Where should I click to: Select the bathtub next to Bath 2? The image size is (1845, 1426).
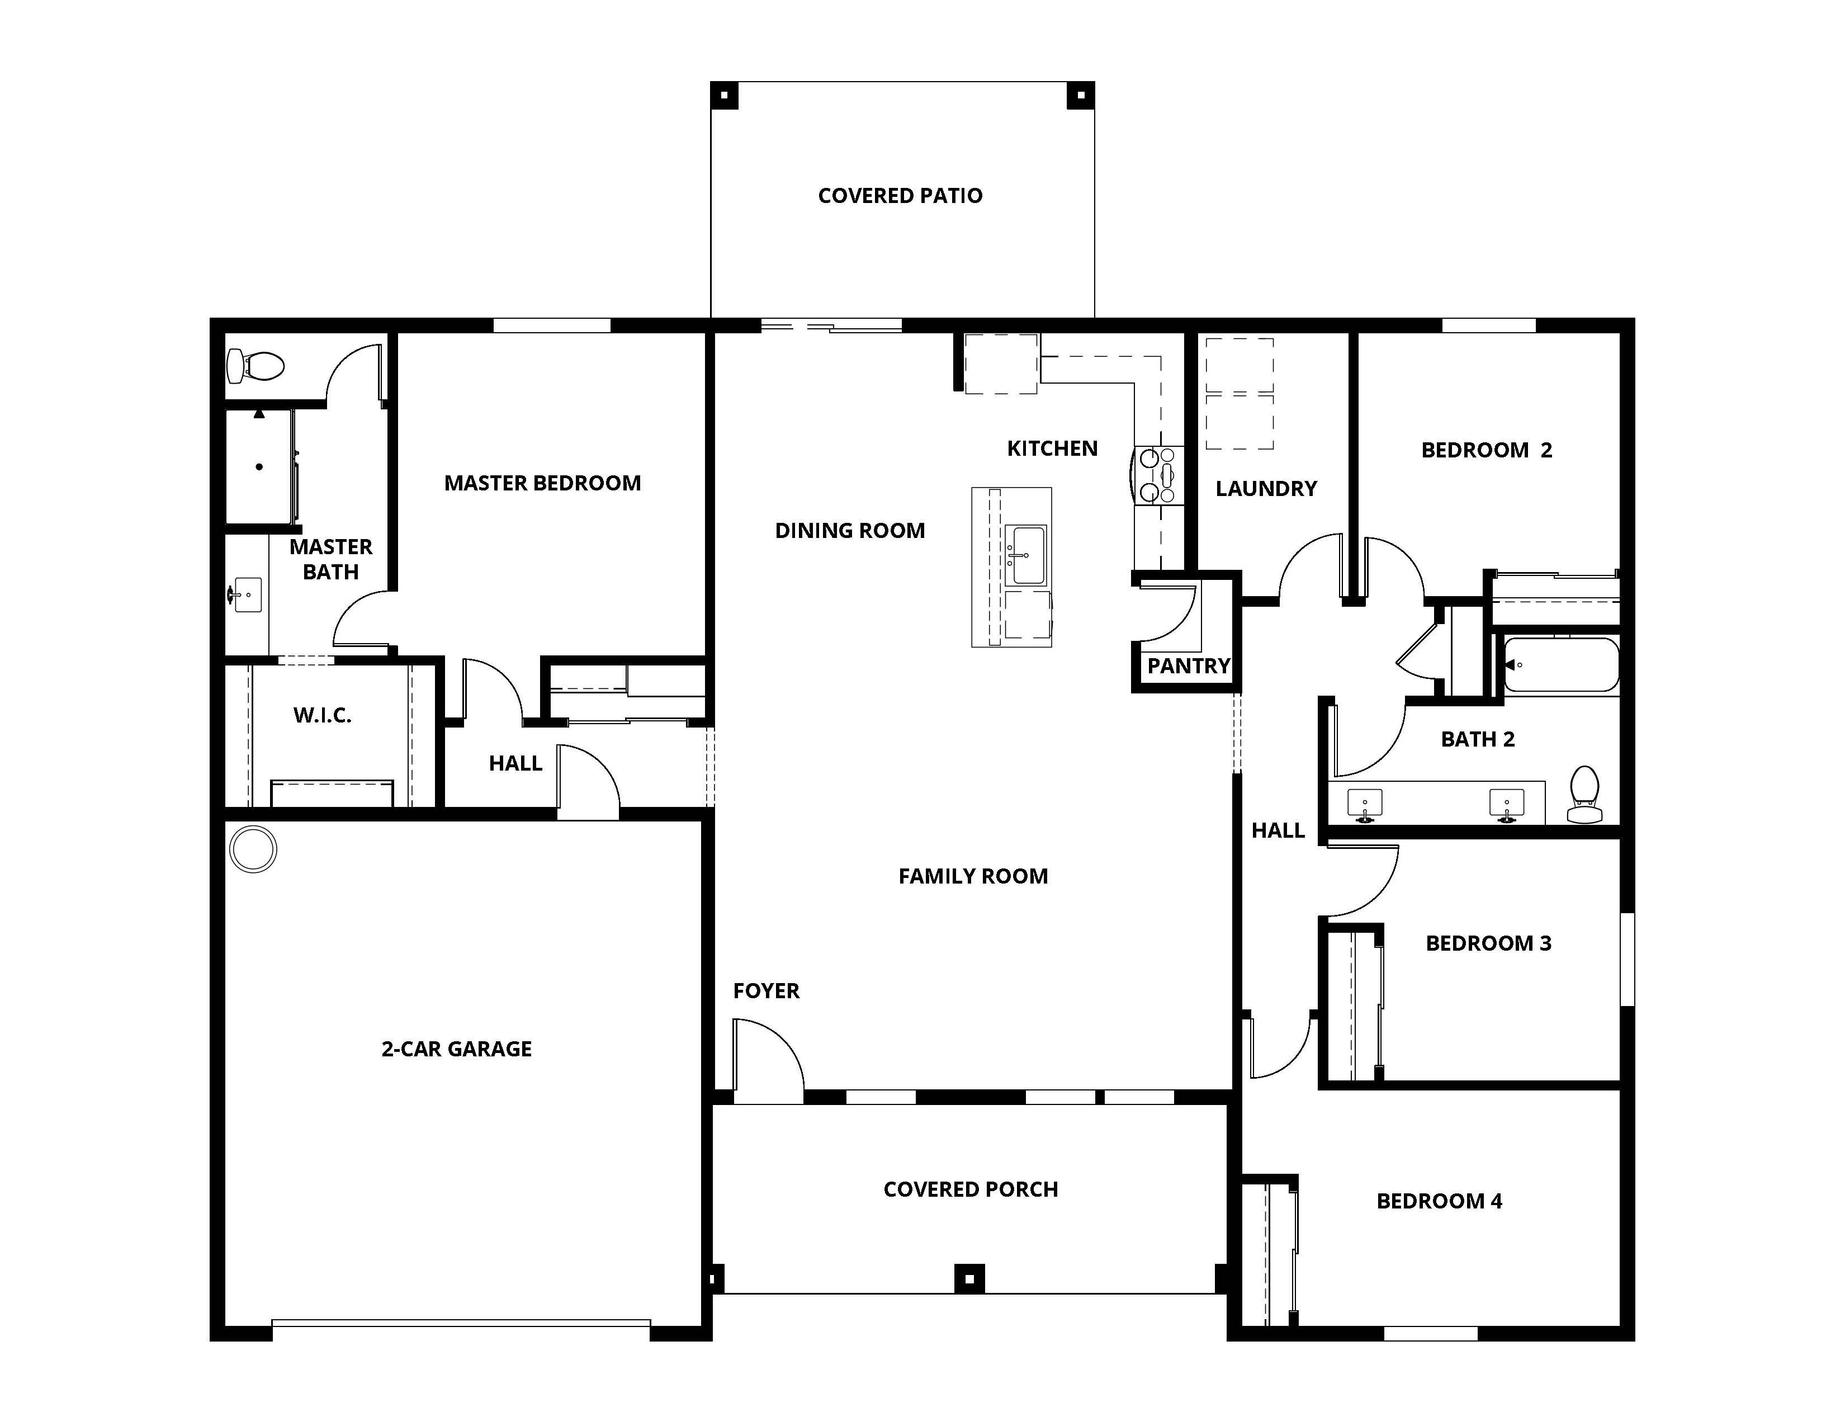click(x=1561, y=665)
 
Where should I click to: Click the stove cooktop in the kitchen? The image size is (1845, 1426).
click(x=1159, y=476)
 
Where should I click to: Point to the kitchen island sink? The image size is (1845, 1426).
click(x=1028, y=555)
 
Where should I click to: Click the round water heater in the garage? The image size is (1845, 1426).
click(x=253, y=848)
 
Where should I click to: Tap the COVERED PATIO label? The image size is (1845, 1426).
click(x=900, y=196)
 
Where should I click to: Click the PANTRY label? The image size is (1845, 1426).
click(x=1188, y=667)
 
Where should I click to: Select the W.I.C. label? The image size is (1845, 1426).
click(x=322, y=716)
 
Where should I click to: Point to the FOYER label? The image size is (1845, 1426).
click(x=765, y=991)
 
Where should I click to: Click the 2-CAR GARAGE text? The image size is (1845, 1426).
click(x=456, y=1049)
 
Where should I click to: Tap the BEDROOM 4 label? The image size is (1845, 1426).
click(x=1439, y=1201)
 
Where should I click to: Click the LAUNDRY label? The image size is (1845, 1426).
click(x=1265, y=489)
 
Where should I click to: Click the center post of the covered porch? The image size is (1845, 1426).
click(x=969, y=1279)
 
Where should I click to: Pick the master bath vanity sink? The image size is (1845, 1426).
click(x=247, y=595)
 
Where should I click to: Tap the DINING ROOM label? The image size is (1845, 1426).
click(x=850, y=531)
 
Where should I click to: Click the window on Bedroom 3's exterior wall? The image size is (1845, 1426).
click(x=1626, y=959)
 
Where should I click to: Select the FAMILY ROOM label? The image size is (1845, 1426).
click(x=972, y=877)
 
